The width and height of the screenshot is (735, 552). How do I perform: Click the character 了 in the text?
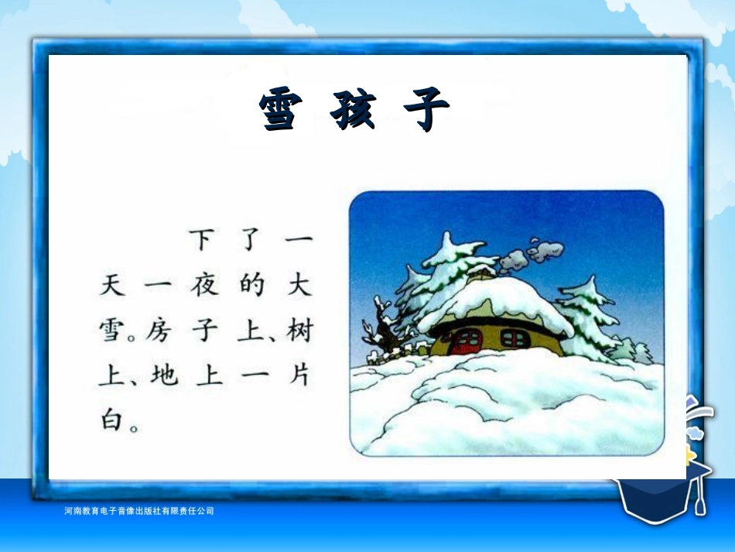coord(251,240)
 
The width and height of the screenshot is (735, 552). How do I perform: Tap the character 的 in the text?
coord(251,286)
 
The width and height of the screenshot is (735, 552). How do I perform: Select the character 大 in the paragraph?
coord(299,286)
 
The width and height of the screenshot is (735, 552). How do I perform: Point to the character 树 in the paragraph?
coord(299,332)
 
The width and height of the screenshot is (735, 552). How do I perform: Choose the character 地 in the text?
coord(162,377)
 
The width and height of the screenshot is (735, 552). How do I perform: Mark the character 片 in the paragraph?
coord(299,377)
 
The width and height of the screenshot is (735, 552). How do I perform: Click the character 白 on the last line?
coord(111,422)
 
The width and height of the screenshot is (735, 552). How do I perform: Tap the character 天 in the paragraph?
coord(111,286)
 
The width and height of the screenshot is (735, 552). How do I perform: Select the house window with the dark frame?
coord(514,338)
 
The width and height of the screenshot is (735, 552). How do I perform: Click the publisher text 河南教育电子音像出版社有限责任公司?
coord(139,511)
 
